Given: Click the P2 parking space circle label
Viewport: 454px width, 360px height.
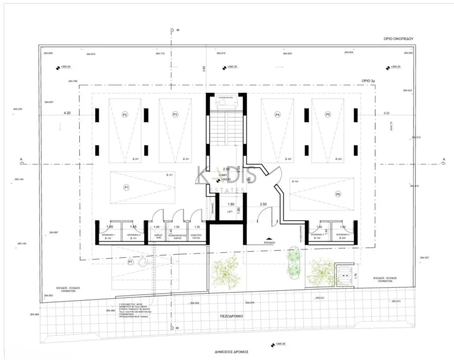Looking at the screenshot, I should click(x=125, y=114).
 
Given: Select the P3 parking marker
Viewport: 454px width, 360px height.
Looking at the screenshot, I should click(x=175, y=114).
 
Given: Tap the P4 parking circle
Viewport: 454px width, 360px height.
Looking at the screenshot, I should click(x=277, y=114).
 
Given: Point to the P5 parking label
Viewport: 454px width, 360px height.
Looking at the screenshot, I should click(x=327, y=114).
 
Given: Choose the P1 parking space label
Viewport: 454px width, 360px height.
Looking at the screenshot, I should click(x=126, y=187).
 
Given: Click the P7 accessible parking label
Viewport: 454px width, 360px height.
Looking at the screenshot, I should click(x=130, y=261).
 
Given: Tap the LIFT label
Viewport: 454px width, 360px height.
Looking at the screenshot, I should click(x=230, y=211).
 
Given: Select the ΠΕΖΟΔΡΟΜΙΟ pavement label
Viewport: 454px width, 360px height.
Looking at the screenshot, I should click(x=233, y=316).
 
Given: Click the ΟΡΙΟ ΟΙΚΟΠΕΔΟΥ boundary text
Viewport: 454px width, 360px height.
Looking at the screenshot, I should click(x=396, y=38).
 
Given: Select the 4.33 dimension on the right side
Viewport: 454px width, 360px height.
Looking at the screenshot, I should click(x=386, y=112).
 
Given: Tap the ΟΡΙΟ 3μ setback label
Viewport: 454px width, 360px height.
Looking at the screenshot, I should click(x=369, y=79).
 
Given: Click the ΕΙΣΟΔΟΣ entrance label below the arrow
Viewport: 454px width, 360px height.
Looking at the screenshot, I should click(x=268, y=242).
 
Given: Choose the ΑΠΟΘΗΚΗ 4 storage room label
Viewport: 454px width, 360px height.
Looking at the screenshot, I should click(x=342, y=235).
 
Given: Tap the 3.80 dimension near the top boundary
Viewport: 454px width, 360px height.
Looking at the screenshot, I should click(x=205, y=69).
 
